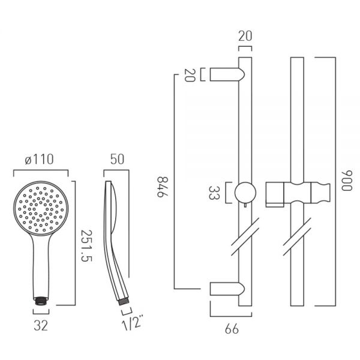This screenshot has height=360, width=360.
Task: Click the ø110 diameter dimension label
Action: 39,160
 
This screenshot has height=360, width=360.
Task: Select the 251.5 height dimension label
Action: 86,246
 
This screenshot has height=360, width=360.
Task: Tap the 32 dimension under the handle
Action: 41,325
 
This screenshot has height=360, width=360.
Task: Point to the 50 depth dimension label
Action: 117,160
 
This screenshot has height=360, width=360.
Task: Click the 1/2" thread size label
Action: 132,323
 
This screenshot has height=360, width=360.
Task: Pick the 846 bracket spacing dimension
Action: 163,187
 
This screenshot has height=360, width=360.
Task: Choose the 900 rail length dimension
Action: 347,181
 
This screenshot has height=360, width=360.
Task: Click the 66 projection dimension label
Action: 232,329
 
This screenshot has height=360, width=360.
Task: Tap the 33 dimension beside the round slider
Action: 214,193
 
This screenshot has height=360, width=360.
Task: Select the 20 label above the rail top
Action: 245,36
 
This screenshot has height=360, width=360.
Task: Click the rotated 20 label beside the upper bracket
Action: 190,75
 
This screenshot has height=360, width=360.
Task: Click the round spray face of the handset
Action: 41,208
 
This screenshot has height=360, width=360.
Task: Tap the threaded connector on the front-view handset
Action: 41,301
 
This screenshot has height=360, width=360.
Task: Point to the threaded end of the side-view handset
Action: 124,301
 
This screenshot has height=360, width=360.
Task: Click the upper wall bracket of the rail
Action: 227,74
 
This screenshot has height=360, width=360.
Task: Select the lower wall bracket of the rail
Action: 227,289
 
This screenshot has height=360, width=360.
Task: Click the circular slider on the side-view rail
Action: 245,193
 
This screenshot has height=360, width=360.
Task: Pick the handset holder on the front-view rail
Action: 298,194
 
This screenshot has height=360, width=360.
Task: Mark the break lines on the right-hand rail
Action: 297,236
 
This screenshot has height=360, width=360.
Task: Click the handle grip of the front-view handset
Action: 41,266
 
